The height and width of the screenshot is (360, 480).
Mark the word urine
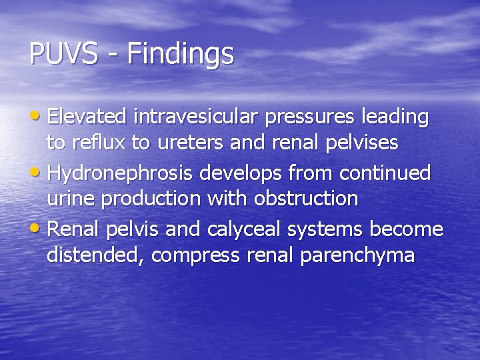71,199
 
